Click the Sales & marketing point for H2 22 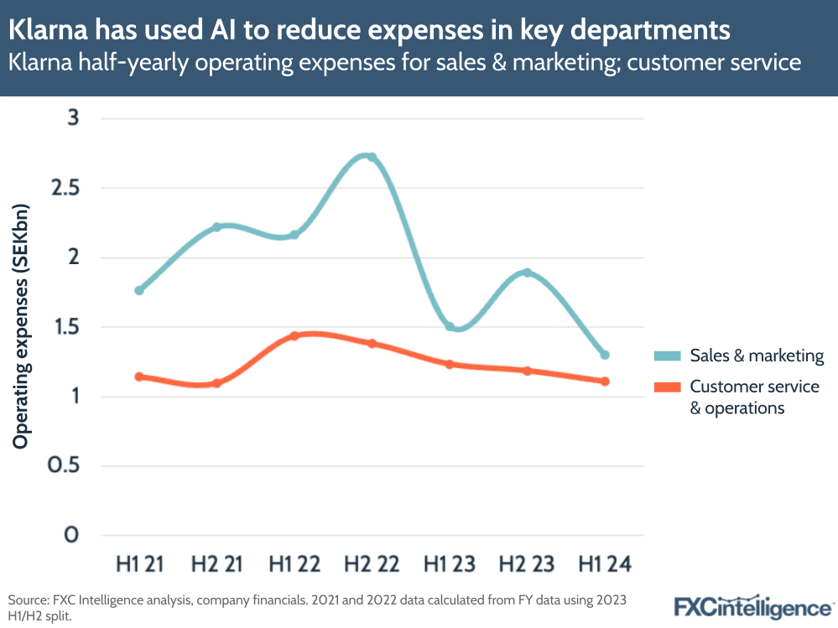click(372, 158)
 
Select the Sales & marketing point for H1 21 click(139, 290)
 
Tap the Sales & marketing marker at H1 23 click(450, 326)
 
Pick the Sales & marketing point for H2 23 click(527, 272)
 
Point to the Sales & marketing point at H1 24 click(605, 355)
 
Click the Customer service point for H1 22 click(294, 336)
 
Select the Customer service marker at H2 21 click(216, 383)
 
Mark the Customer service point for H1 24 click(605, 381)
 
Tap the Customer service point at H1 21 click(139, 376)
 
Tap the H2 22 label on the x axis click(372, 563)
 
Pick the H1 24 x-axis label click(605, 563)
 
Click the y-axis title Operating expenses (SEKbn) click(21, 325)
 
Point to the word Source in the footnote click(29, 600)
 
